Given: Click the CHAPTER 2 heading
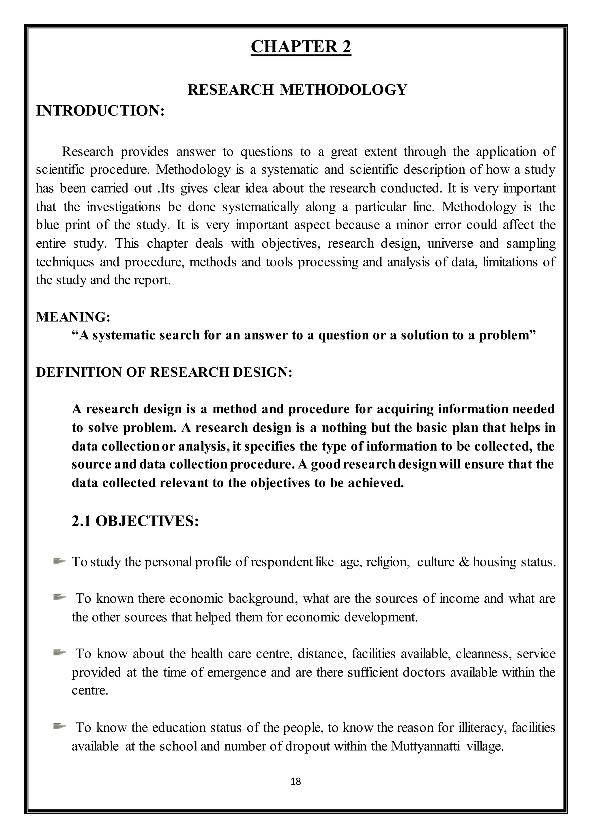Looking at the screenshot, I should pyautogui.click(x=301, y=47).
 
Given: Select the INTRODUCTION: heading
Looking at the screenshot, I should pyautogui.click(x=100, y=111).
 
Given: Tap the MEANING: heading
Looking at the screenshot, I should pyautogui.click(x=73, y=317).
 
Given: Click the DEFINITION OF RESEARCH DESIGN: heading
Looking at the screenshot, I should pyautogui.click(x=164, y=372).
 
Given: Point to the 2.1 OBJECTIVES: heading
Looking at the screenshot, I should pyautogui.click(x=135, y=521).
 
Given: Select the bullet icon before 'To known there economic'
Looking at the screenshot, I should pyautogui.click(x=59, y=597).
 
